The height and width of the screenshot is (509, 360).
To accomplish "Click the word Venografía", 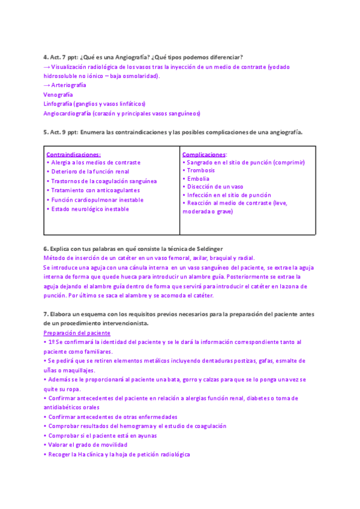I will click(58, 95).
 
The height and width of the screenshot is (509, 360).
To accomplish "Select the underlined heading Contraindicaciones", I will click(73, 154).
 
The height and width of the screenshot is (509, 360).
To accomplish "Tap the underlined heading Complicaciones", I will click(204, 154).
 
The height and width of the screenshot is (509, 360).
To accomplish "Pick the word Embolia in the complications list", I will click(199, 179).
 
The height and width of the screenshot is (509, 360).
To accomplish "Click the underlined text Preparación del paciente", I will click(77, 333).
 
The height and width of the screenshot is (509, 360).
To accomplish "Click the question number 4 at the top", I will click(46, 57).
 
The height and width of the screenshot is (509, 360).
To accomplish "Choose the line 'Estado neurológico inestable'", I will click(89, 209).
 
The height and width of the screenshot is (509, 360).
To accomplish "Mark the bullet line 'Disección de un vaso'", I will click(215, 187).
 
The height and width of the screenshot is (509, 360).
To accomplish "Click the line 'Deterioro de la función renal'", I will click(89, 172).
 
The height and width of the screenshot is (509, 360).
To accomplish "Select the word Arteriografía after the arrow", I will click(68, 85).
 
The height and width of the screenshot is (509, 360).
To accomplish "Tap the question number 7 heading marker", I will click(46, 314).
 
